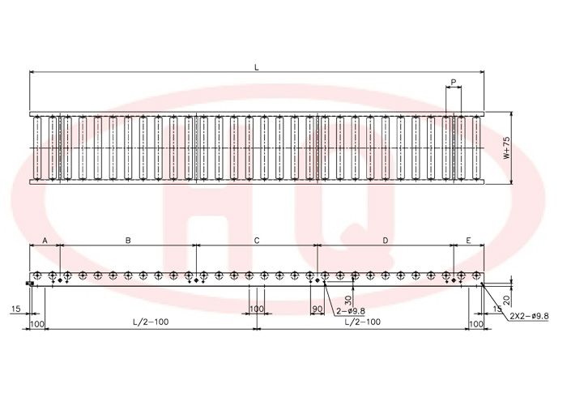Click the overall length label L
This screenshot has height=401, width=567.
point(257,67)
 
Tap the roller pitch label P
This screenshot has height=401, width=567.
point(454,82)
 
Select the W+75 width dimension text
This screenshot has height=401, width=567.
point(506,147)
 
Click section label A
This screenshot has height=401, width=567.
point(45,241)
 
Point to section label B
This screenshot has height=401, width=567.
point(128,241)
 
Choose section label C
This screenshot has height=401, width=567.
point(257,241)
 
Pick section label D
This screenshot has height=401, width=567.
point(386,241)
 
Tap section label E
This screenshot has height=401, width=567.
point(469,241)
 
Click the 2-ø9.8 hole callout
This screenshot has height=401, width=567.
point(351,310)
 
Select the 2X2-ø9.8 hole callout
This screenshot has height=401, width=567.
point(529,316)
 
